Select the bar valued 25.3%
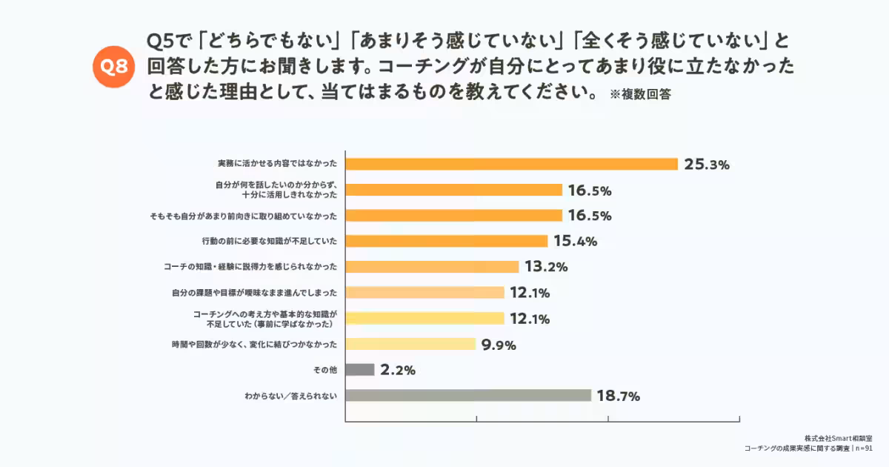tap(512, 164)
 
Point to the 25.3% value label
tap(707, 165)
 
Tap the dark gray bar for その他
tap(360, 369)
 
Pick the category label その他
tap(327, 369)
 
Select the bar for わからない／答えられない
tap(468, 395)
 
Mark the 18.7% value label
tap(618, 396)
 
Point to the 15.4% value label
tap(575, 242)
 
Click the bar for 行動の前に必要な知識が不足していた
tap(447, 241)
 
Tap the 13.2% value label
tap(546, 267)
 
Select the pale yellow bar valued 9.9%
tap(410, 344)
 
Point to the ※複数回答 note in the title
tap(640, 95)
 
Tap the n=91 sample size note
tap(864, 448)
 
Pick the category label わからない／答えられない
tap(291, 395)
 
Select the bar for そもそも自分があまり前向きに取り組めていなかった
tap(454, 216)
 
